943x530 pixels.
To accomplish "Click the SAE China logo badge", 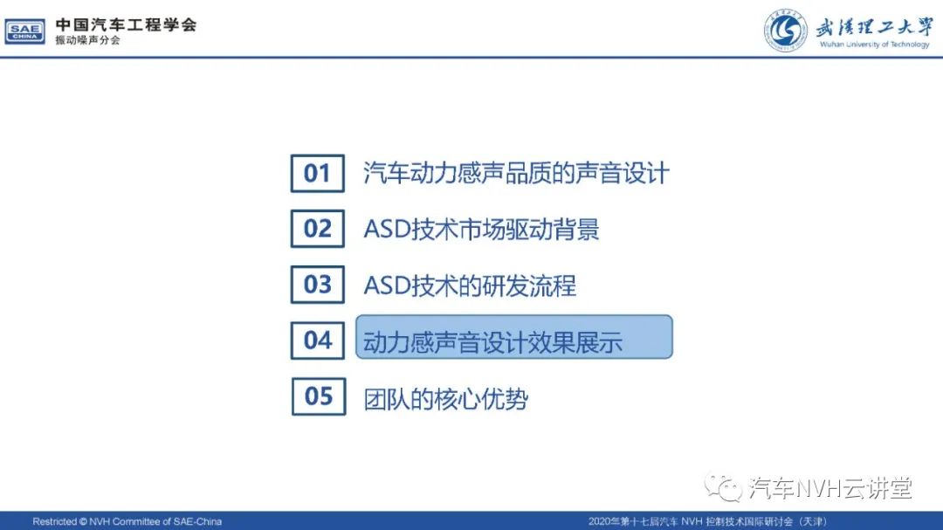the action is pyautogui.click(x=24, y=31).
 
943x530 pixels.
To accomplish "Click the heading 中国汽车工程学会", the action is pyautogui.click(x=127, y=24).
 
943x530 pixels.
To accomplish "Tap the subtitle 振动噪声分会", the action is pyautogui.click(x=88, y=40).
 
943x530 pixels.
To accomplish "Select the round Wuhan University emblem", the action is pyautogui.click(x=786, y=30).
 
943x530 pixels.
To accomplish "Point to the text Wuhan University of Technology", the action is pyautogui.click(x=874, y=45).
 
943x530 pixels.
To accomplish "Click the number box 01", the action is pyautogui.click(x=318, y=173).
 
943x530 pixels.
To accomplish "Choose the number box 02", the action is pyautogui.click(x=318, y=229).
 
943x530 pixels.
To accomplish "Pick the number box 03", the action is pyautogui.click(x=318, y=285).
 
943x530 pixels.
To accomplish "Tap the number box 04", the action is pyautogui.click(x=318, y=341).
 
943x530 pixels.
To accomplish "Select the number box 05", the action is pyautogui.click(x=319, y=396).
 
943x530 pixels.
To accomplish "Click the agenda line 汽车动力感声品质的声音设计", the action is pyautogui.click(x=516, y=173).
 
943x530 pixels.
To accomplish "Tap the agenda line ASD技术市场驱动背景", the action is pyautogui.click(x=481, y=230).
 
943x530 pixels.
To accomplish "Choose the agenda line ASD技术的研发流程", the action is pyautogui.click(x=470, y=286).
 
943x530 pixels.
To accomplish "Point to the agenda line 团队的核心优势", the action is pyautogui.click(x=445, y=399).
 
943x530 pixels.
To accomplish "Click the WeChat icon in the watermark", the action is pyautogui.click(x=723, y=487).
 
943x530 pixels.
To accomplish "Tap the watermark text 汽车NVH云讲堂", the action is pyautogui.click(x=830, y=488).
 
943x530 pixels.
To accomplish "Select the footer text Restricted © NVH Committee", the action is pyautogui.click(x=127, y=521).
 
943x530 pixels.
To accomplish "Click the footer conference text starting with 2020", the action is pyautogui.click(x=708, y=521).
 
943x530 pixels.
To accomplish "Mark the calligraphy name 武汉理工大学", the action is pyautogui.click(x=874, y=27).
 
